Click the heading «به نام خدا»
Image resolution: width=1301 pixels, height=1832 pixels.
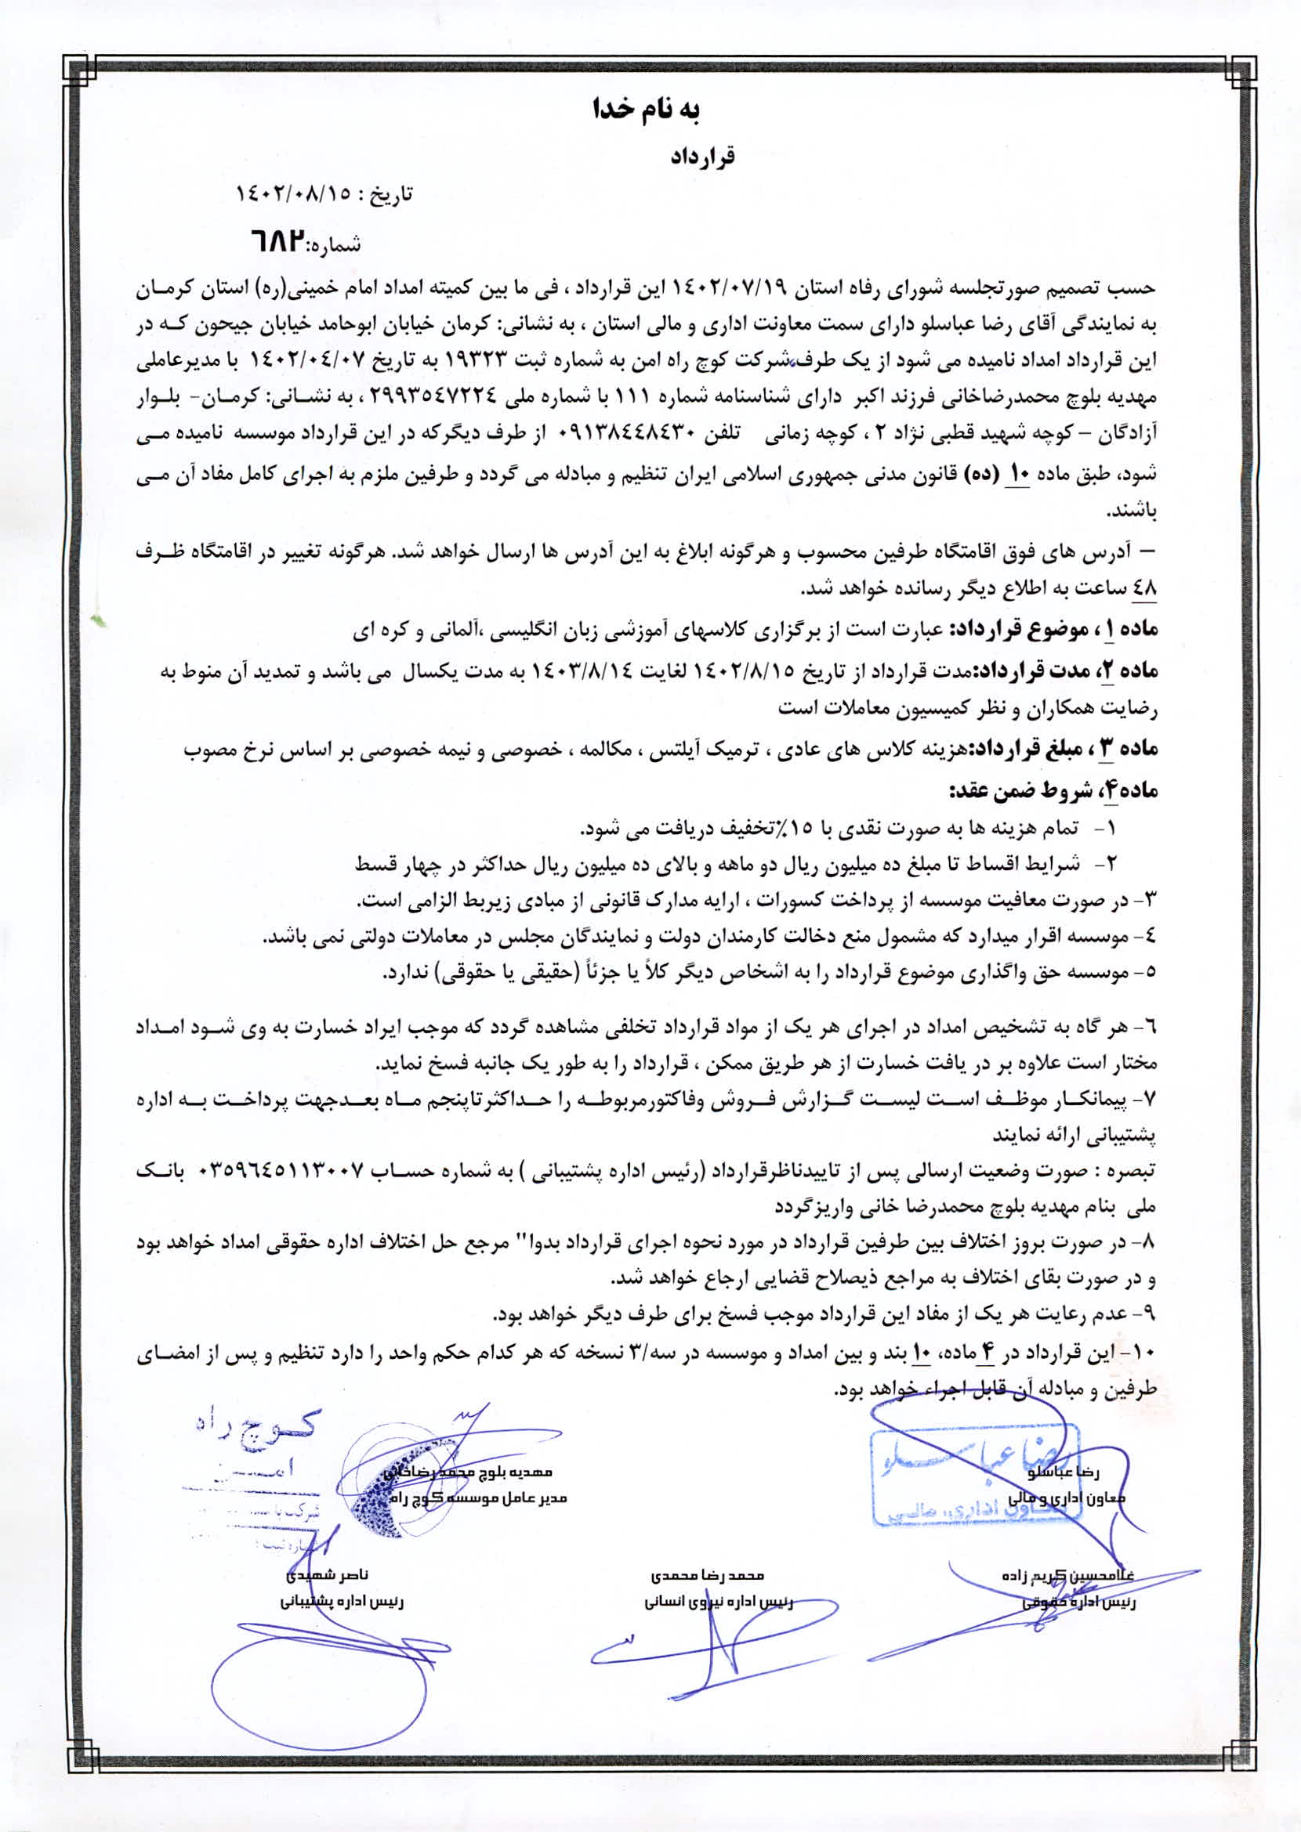coord(648,110)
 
